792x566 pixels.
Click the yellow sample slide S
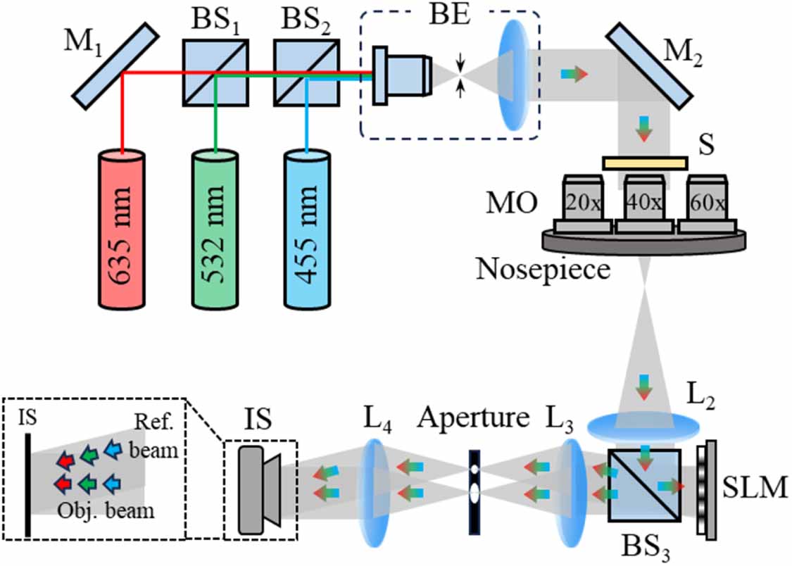click(x=644, y=163)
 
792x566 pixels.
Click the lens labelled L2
click(x=644, y=427)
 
